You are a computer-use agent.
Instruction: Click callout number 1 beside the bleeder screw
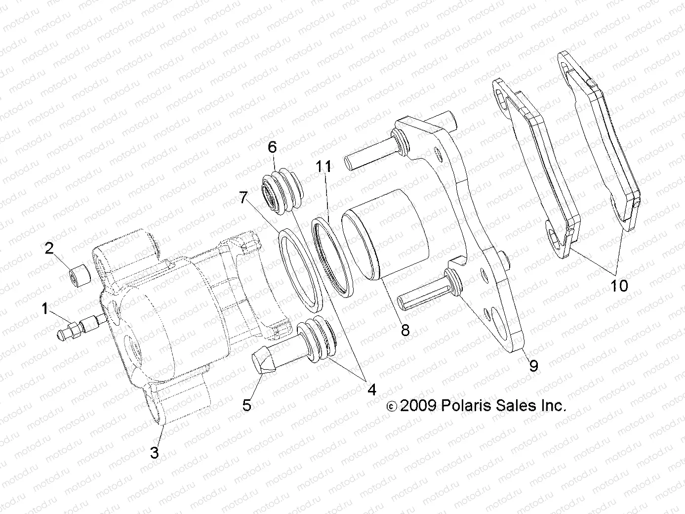pos(45,309)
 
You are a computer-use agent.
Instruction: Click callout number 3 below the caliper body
pos(155,452)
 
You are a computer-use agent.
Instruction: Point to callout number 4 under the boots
pos(371,389)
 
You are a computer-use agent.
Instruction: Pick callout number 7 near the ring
pos(243,198)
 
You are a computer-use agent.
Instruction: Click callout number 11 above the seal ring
pos(324,167)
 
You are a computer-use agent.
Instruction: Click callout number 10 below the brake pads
pos(619,285)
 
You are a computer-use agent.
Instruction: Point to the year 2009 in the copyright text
pos(417,406)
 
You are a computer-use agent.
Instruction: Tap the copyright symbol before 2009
pos(391,407)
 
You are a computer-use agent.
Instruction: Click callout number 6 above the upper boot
pos(272,147)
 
